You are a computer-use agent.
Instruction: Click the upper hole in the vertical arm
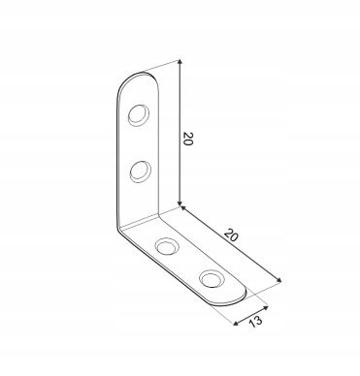click(x=139, y=114)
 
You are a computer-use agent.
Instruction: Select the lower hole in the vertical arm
click(x=141, y=172)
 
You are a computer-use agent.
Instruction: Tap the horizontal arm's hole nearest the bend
click(x=168, y=247)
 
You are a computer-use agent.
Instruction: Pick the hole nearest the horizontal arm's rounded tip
click(x=213, y=279)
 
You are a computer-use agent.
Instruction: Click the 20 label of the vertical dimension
click(x=187, y=139)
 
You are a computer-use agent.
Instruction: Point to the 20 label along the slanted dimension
click(x=232, y=235)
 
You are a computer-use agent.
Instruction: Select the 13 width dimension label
click(x=255, y=321)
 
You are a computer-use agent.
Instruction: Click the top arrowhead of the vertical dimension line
click(x=180, y=63)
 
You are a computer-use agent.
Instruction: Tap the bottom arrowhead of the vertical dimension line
click(x=180, y=203)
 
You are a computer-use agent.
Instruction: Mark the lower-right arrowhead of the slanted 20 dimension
click(x=278, y=280)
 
